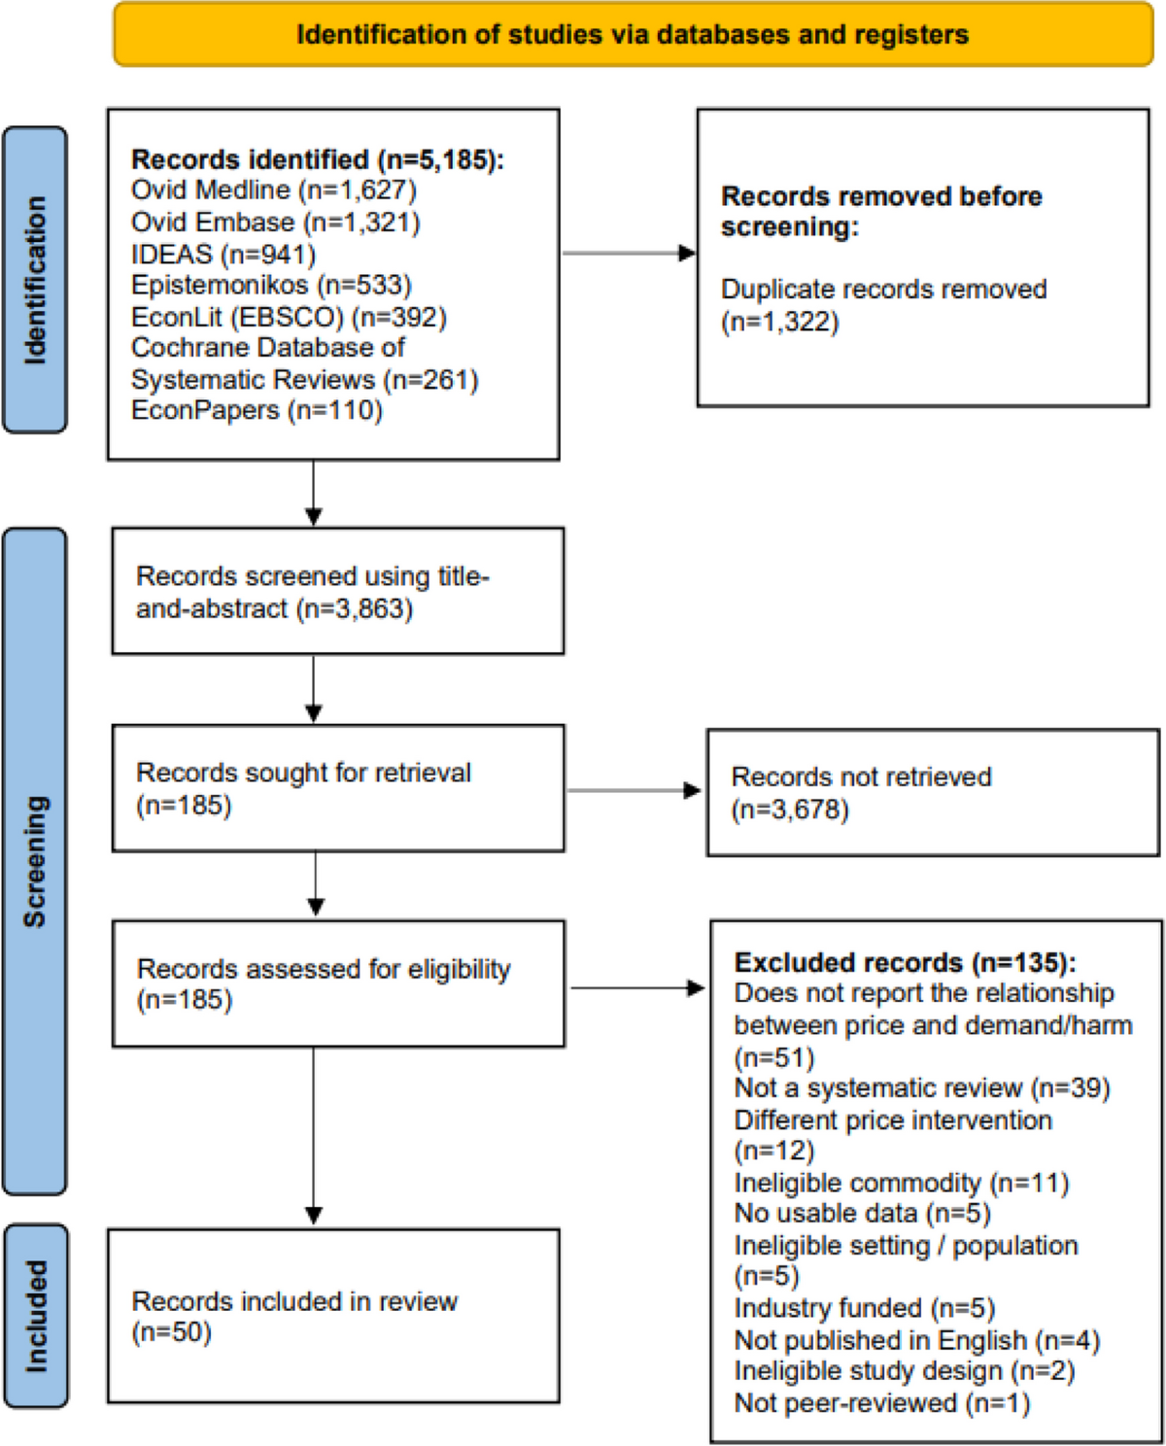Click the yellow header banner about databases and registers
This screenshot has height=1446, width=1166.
point(634,34)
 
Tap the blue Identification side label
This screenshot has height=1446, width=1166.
point(35,280)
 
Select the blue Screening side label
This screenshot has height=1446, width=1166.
point(35,862)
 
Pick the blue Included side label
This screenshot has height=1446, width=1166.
point(35,1317)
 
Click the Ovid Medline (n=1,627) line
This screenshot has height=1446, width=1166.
point(274,190)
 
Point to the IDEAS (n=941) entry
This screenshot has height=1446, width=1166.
point(223,254)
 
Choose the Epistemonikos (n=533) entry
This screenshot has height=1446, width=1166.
point(271,286)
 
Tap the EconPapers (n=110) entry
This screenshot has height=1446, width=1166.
point(257,410)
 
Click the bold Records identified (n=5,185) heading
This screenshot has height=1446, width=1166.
point(318,159)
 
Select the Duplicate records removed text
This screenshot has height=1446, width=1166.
point(884,290)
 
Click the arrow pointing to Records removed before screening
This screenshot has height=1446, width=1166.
point(629,254)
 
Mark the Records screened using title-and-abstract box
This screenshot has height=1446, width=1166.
point(338,591)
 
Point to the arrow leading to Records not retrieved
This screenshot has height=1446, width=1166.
point(634,790)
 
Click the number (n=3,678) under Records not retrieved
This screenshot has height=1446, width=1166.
point(790,809)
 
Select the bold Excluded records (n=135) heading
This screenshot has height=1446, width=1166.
point(906,963)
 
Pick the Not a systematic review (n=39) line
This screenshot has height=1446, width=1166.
point(922,1087)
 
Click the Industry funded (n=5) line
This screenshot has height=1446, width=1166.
point(865,1308)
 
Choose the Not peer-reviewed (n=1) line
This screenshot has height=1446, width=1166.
point(882,1403)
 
